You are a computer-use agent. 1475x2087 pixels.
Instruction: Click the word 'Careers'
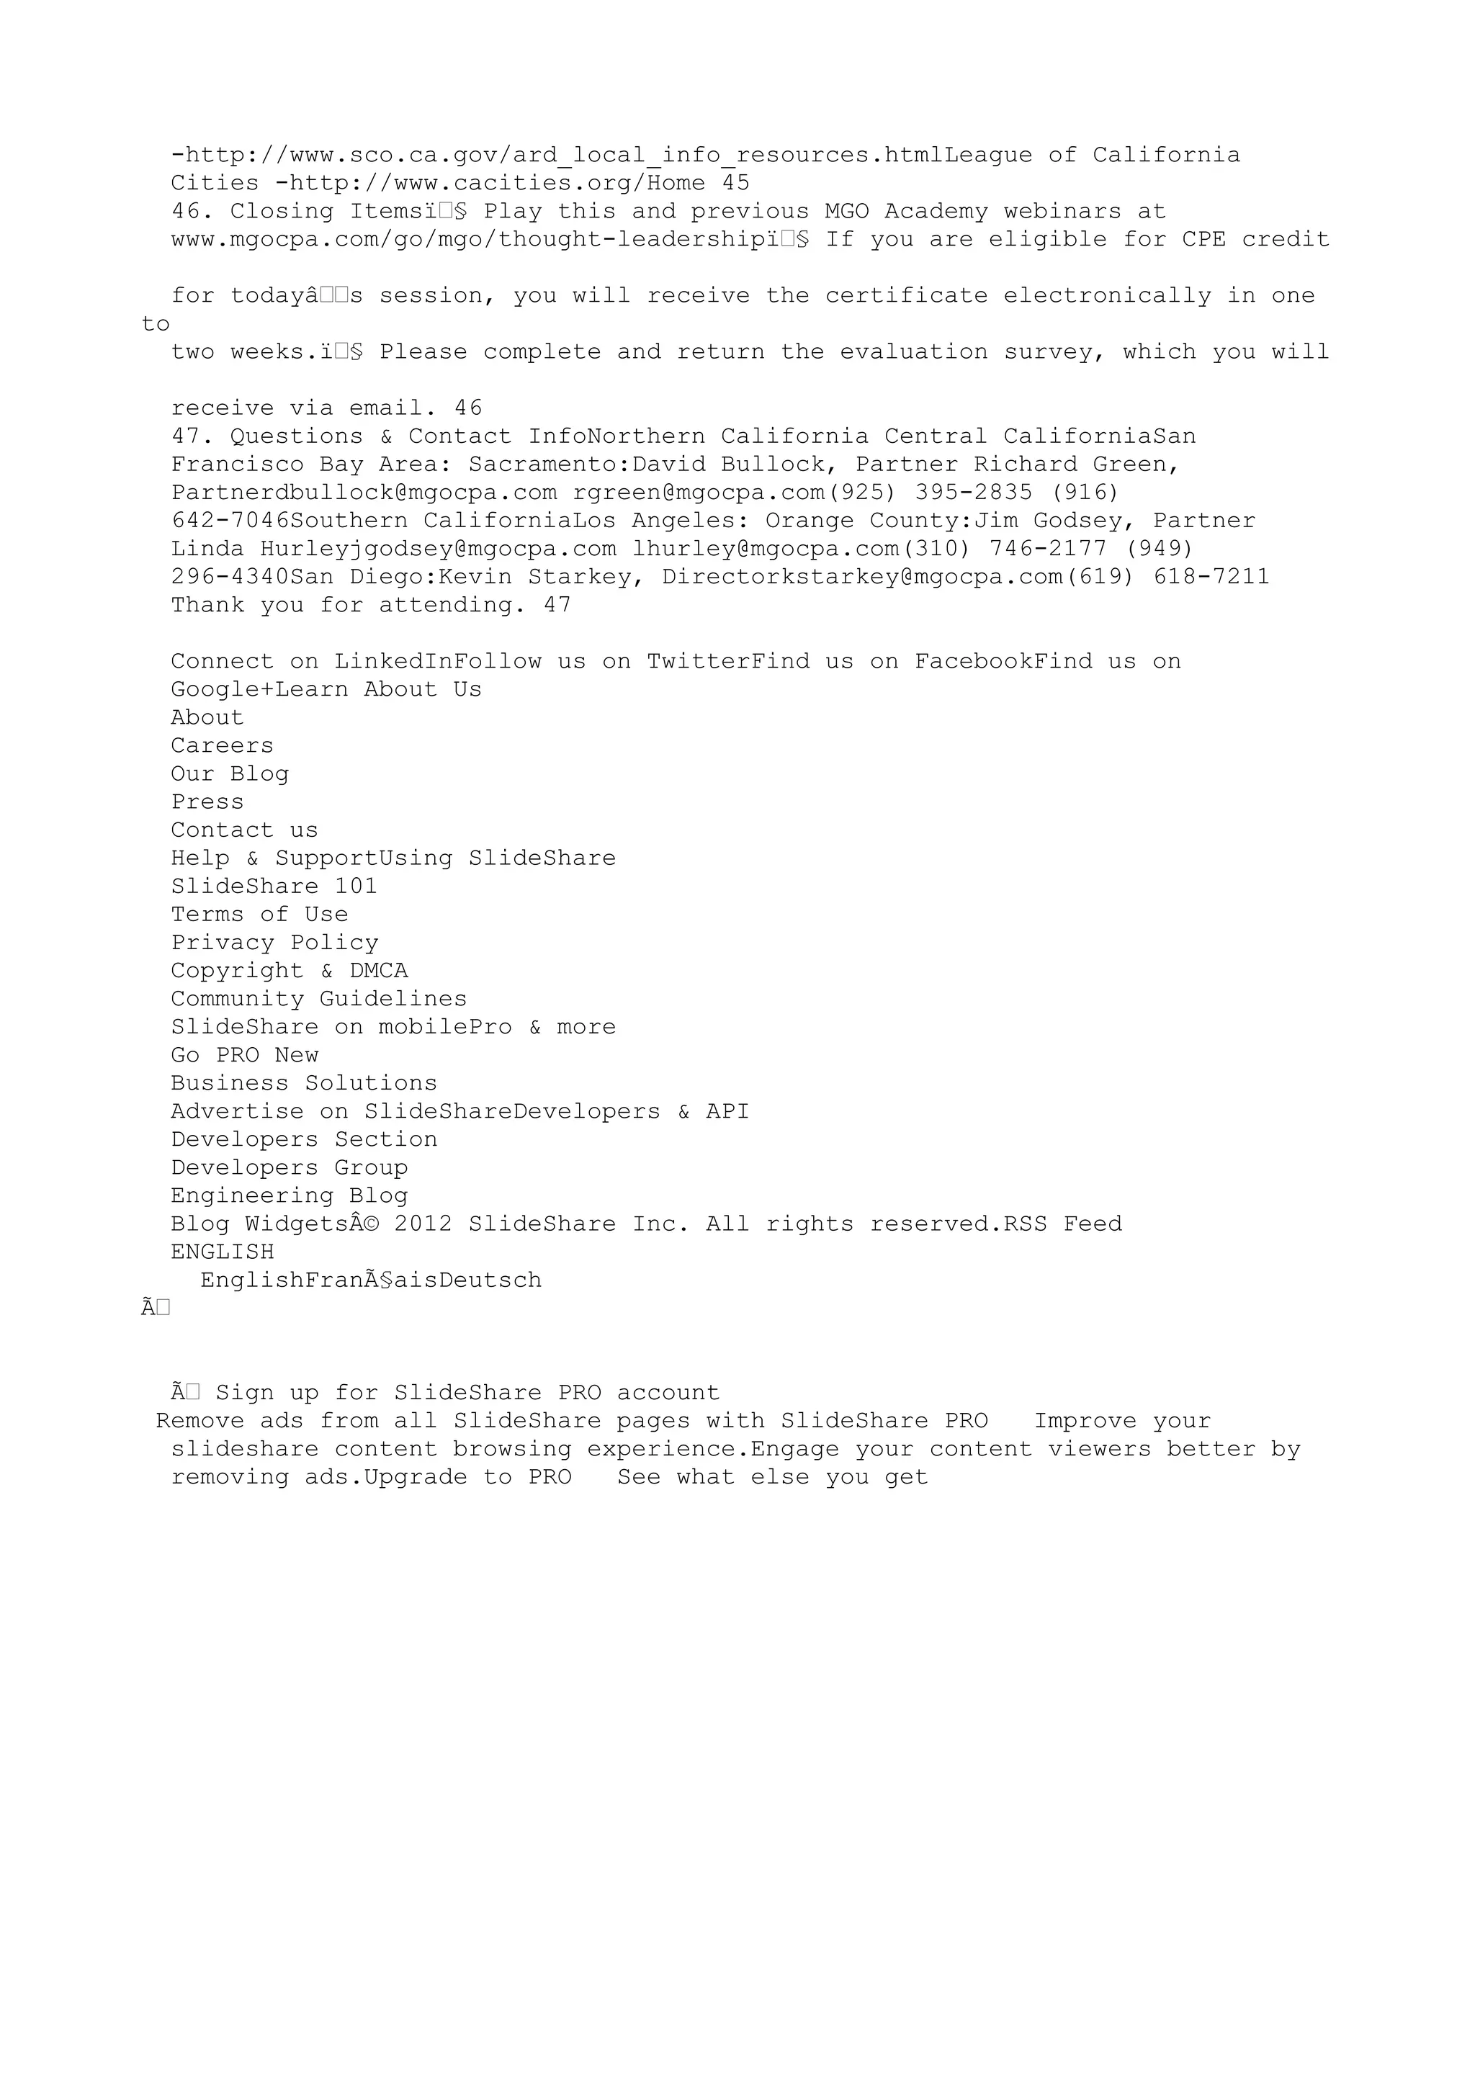coord(222,746)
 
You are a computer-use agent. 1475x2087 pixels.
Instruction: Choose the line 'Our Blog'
coord(229,774)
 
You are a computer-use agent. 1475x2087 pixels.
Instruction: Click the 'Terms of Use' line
coord(259,915)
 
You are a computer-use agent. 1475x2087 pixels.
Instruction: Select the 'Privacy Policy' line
coord(274,943)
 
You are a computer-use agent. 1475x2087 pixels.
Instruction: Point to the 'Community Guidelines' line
coord(318,999)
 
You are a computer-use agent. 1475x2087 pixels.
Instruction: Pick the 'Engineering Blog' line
coord(289,1196)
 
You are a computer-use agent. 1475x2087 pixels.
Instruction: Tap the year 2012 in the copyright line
coord(423,1224)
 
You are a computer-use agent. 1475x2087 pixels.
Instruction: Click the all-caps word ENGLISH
coord(222,1252)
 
